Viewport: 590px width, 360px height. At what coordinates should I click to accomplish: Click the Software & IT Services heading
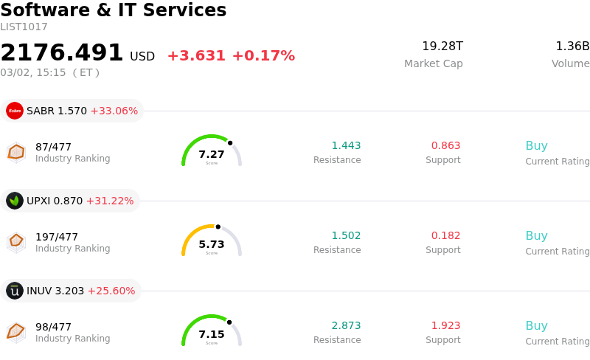114,10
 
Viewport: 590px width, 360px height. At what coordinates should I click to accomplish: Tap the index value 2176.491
62,53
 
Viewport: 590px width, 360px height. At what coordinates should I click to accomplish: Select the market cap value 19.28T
442,46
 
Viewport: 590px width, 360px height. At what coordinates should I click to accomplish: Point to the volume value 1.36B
572,46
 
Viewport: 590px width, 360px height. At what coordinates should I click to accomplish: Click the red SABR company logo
15,111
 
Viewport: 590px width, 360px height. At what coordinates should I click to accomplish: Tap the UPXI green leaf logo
15,201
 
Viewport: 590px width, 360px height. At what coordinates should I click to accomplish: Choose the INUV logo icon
15,291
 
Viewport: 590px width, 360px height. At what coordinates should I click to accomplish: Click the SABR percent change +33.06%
114,111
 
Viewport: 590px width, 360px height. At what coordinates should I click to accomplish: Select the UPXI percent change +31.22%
110,201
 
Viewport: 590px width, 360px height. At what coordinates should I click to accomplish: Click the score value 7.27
212,154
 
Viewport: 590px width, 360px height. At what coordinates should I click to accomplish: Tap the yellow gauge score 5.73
212,244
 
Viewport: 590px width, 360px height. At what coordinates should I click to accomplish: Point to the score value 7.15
212,334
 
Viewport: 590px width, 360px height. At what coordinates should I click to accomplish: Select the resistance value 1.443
346,145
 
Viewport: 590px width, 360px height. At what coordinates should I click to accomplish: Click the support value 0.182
445,235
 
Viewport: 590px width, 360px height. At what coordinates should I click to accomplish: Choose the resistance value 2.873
346,325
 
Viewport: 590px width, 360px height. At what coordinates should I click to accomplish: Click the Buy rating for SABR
536,145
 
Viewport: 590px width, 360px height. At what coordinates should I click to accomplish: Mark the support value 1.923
445,325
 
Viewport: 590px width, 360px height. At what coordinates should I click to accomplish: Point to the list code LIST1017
24,27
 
